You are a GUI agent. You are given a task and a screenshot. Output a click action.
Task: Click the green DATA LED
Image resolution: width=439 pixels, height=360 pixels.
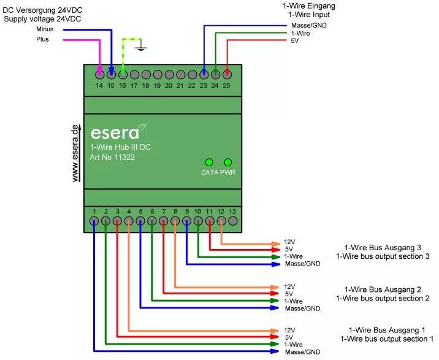coord(209,163)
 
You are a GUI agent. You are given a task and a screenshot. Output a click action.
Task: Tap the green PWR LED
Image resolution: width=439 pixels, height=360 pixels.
coord(228,163)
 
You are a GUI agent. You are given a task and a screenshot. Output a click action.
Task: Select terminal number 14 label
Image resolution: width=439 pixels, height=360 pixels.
coord(99,85)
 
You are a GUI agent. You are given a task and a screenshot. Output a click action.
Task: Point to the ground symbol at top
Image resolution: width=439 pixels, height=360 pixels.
coord(142,46)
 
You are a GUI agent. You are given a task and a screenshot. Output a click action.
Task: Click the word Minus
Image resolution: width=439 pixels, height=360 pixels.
coord(45,29)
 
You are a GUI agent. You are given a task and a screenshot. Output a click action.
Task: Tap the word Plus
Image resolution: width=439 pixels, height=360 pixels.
coord(42,39)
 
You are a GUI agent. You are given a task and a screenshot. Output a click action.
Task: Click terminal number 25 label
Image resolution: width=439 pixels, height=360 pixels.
coord(227,85)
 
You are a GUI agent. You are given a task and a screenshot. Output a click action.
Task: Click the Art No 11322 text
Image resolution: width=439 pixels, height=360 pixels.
coord(112,158)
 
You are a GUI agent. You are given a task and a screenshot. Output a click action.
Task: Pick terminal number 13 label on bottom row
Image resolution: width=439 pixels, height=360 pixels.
coord(232,212)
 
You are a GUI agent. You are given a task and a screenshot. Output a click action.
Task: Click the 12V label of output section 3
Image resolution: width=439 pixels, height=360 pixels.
coord(289,242)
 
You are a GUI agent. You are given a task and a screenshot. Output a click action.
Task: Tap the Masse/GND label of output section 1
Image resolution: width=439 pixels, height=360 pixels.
coord(303,352)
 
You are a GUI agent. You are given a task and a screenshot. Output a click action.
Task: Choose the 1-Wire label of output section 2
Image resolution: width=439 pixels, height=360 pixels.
coord(294,301)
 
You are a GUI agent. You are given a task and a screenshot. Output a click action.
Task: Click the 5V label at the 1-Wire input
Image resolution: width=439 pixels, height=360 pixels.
coord(296,41)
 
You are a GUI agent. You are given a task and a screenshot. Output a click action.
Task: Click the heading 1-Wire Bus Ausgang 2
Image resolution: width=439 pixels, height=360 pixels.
coord(383,289)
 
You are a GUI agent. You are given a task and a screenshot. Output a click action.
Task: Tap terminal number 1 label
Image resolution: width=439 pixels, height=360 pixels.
coord(94,212)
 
